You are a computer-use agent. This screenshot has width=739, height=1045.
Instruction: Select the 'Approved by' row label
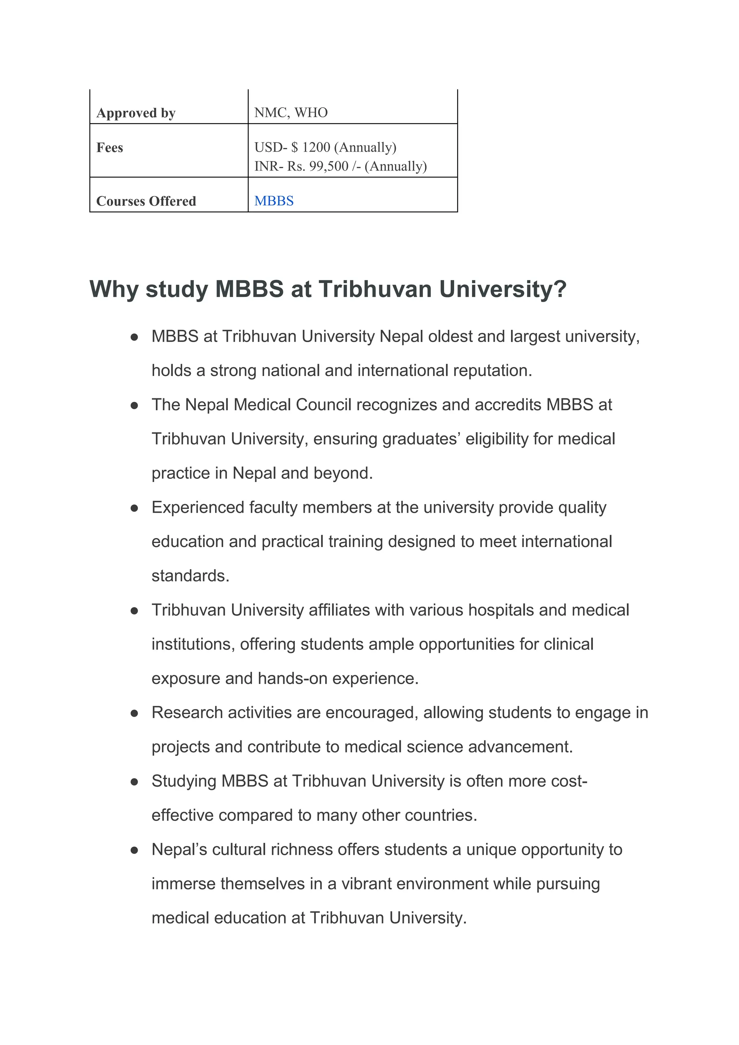(x=136, y=113)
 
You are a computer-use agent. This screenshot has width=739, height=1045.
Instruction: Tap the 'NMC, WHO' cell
(x=291, y=113)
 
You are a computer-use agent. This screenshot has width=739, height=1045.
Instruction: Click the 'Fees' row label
(x=110, y=148)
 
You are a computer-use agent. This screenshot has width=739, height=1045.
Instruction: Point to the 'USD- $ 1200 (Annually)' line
(x=325, y=147)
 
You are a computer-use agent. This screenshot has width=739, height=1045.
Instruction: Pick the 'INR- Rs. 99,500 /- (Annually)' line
(x=340, y=166)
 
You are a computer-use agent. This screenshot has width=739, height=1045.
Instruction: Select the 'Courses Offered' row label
(x=146, y=201)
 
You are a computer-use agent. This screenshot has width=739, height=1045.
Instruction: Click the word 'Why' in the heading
(x=113, y=289)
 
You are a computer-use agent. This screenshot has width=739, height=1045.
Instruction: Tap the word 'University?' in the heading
(x=503, y=289)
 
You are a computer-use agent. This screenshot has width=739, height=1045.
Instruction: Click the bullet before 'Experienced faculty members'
(x=134, y=508)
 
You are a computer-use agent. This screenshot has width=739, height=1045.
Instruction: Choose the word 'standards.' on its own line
(x=190, y=576)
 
